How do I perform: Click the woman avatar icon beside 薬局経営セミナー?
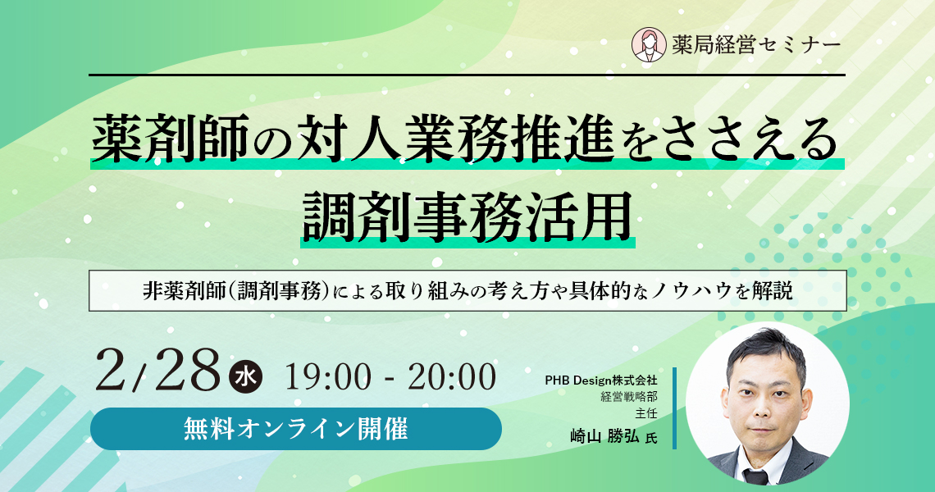coord(649,45)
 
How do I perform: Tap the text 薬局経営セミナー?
coord(756,45)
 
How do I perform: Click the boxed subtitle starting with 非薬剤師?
coord(467,290)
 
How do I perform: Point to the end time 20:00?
coord(451,377)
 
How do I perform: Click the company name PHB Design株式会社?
coord(601,380)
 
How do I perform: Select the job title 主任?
coord(646,412)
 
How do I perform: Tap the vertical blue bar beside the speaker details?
coord(674,408)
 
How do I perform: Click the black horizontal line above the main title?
coord(467,75)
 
